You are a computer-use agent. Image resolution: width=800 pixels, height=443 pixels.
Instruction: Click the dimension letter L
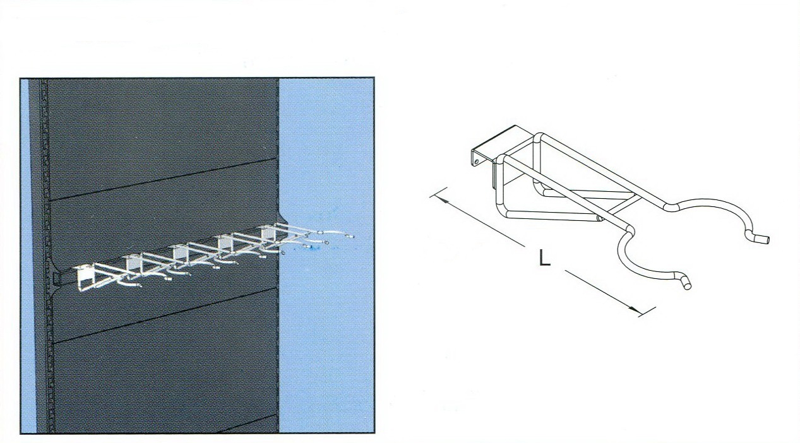tap(544, 257)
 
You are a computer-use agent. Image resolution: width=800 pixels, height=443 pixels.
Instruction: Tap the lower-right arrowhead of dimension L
tap(633, 309)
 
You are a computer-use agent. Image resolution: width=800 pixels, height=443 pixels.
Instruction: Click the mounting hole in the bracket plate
tap(477, 162)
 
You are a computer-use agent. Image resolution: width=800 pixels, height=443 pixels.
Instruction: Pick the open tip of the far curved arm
tap(764, 239)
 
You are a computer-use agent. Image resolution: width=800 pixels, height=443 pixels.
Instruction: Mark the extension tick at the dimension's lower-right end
tap(647, 312)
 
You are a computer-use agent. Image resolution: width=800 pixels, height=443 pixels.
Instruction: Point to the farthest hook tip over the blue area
tap(351, 236)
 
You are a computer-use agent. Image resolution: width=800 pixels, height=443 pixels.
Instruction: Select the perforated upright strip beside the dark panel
tap(44, 255)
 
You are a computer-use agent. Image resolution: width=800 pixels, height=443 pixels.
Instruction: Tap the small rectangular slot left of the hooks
tap(54, 279)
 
